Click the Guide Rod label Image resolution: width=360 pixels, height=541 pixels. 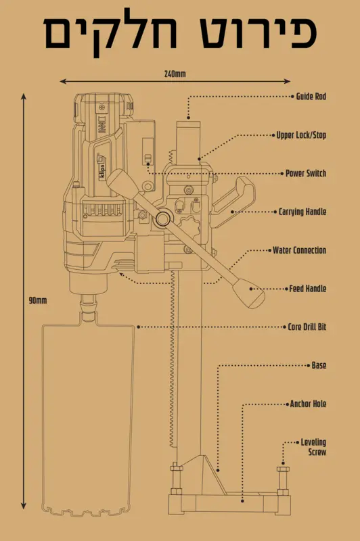coord(311,96)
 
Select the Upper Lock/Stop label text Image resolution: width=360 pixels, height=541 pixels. coord(301,135)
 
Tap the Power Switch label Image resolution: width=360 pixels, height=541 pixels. coord(306,173)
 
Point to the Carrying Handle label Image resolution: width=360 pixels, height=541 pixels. coord(302,212)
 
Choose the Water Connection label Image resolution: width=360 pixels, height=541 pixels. coord(299,250)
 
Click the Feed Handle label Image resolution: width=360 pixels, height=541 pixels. coord(307,289)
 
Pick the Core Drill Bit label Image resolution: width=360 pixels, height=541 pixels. coord(307,327)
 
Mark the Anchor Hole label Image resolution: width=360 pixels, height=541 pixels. coord(308,404)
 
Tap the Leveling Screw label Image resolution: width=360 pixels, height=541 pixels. coord(313,447)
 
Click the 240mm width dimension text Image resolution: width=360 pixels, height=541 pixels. coord(175,74)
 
